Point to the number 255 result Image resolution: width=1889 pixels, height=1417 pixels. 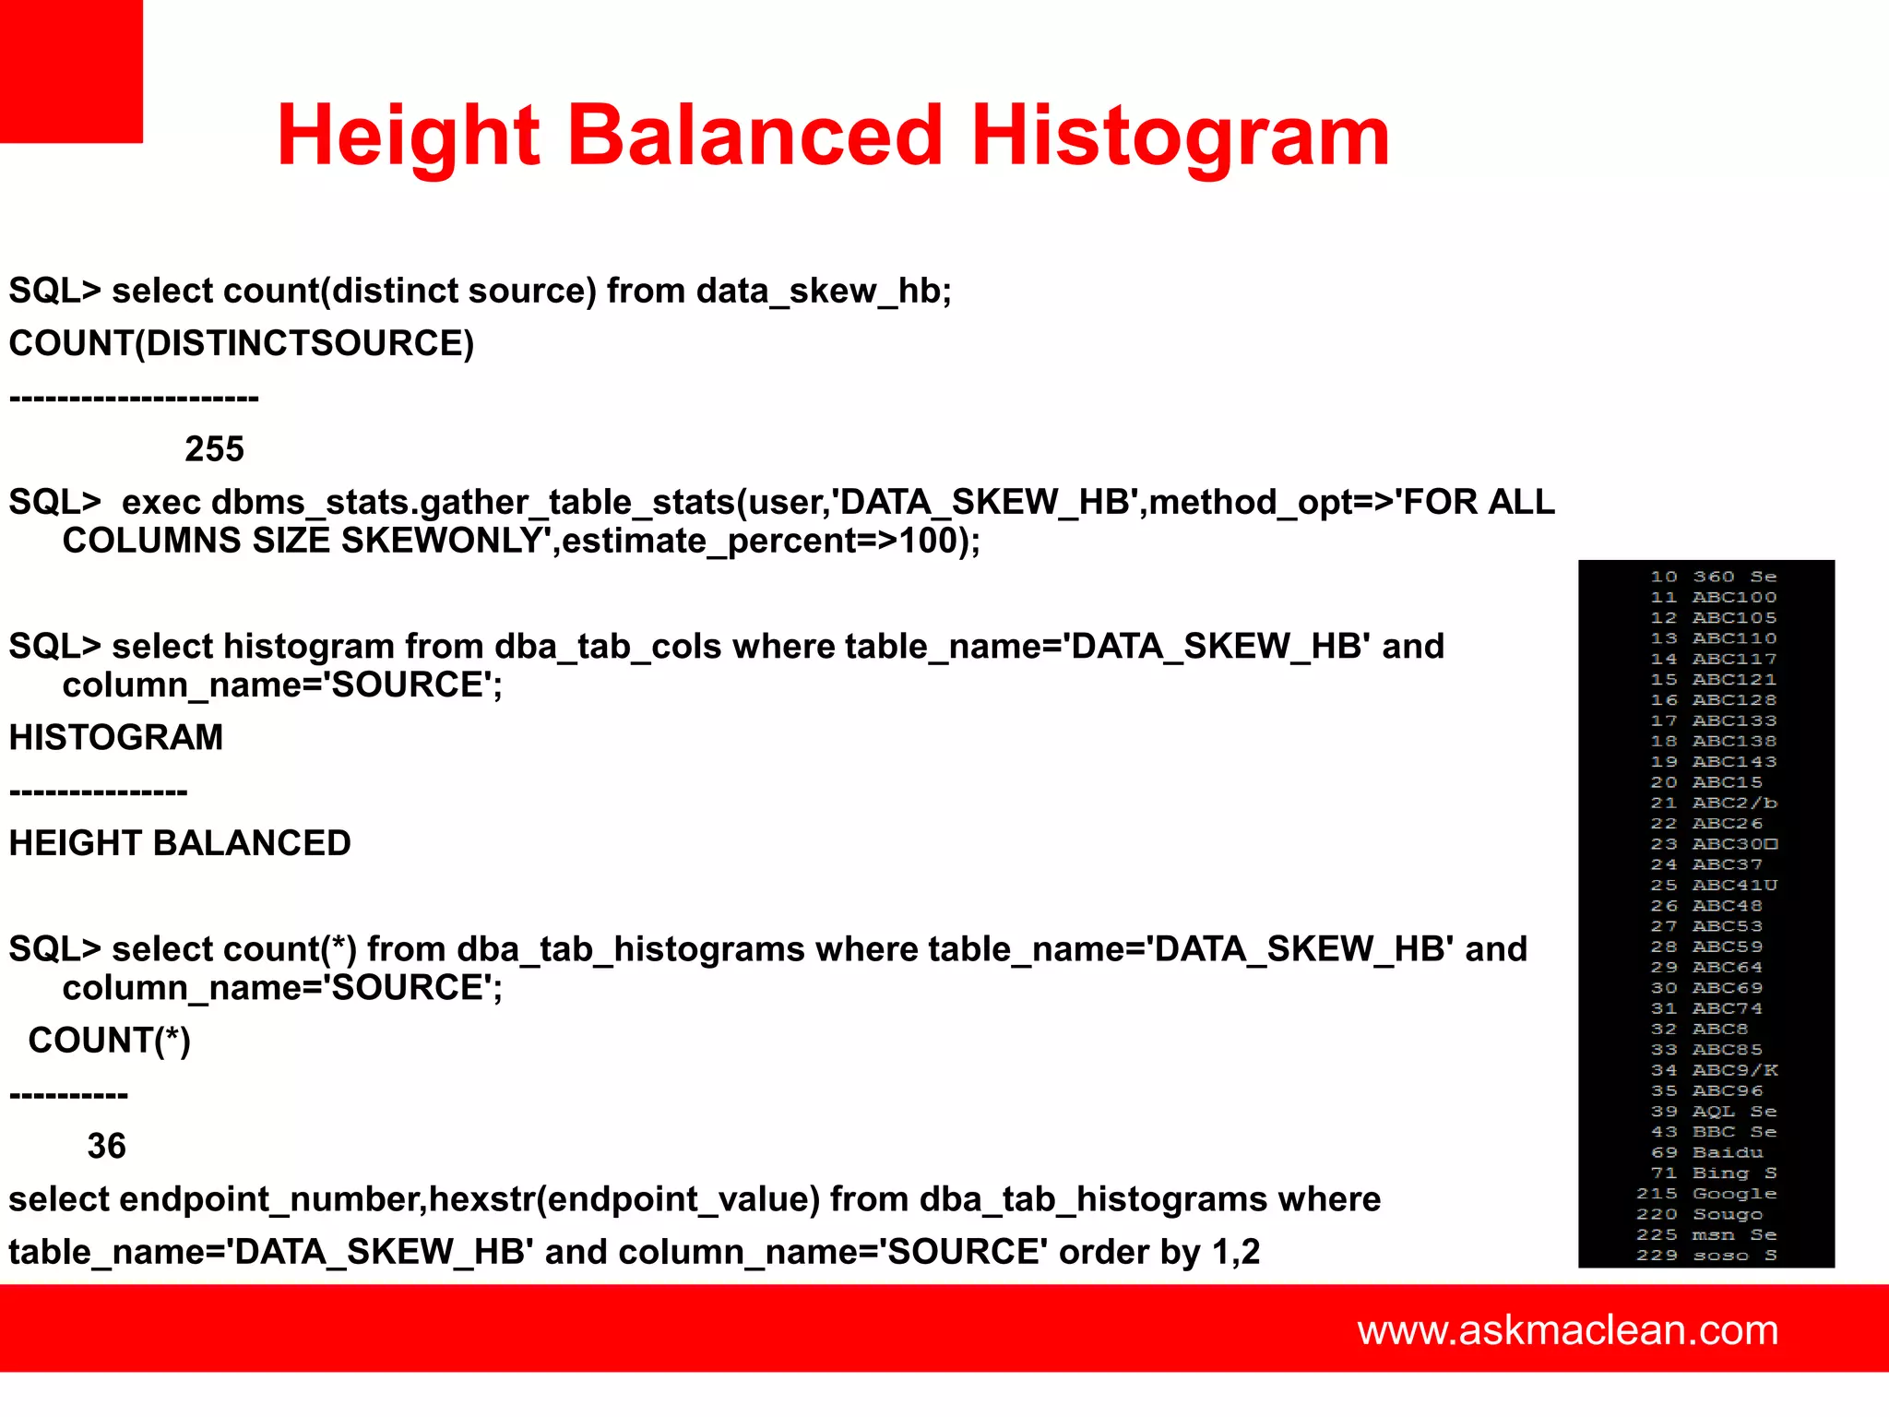tap(214, 449)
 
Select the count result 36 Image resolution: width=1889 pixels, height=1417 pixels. tap(106, 1146)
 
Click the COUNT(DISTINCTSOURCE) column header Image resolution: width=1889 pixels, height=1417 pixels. tap(242, 343)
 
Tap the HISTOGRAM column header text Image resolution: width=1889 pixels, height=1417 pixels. tap(116, 737)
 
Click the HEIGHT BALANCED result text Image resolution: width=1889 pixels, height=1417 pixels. tap(180, 843)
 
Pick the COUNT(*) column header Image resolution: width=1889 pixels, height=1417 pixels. tap(109, 1041)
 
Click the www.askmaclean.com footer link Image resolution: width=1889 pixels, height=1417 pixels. tap(1567, 1329)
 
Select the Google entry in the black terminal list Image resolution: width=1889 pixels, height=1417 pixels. tap(1734, 1194)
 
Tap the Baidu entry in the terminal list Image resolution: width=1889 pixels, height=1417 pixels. tap(1728, 1152)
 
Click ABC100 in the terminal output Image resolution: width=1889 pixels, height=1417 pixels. tap(1734, 598)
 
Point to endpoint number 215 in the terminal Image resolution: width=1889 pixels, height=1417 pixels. tap(1657, 1194)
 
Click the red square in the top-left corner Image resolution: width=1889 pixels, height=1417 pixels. tap(71, 71)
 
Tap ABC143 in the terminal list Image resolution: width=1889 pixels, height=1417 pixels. tap(1734, 762)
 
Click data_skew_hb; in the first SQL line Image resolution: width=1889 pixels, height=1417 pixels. tap(824, 292)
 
